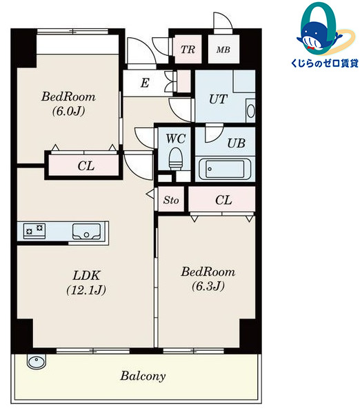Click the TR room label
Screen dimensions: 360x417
[188, 50]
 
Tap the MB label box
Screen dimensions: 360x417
[223, 50]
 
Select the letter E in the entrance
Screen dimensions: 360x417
[145, 83]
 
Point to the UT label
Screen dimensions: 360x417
[218, 99]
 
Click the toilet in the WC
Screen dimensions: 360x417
[175, 159]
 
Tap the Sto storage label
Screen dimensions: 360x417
[171, 200]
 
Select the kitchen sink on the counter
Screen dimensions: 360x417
[86, 232]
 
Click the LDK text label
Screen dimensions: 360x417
[86, 276]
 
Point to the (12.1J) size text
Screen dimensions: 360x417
[86, 290]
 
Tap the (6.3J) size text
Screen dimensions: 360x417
[208, 286]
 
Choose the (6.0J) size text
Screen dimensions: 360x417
[68, 111]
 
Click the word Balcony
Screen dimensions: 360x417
[143, 376]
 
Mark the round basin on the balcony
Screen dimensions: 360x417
[37, 362]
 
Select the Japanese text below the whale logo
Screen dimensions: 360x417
[325, 63]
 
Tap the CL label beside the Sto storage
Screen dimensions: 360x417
[223, 200]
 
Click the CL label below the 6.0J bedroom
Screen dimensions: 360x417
[86, 166]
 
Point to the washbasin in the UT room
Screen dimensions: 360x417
[250, 111]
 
